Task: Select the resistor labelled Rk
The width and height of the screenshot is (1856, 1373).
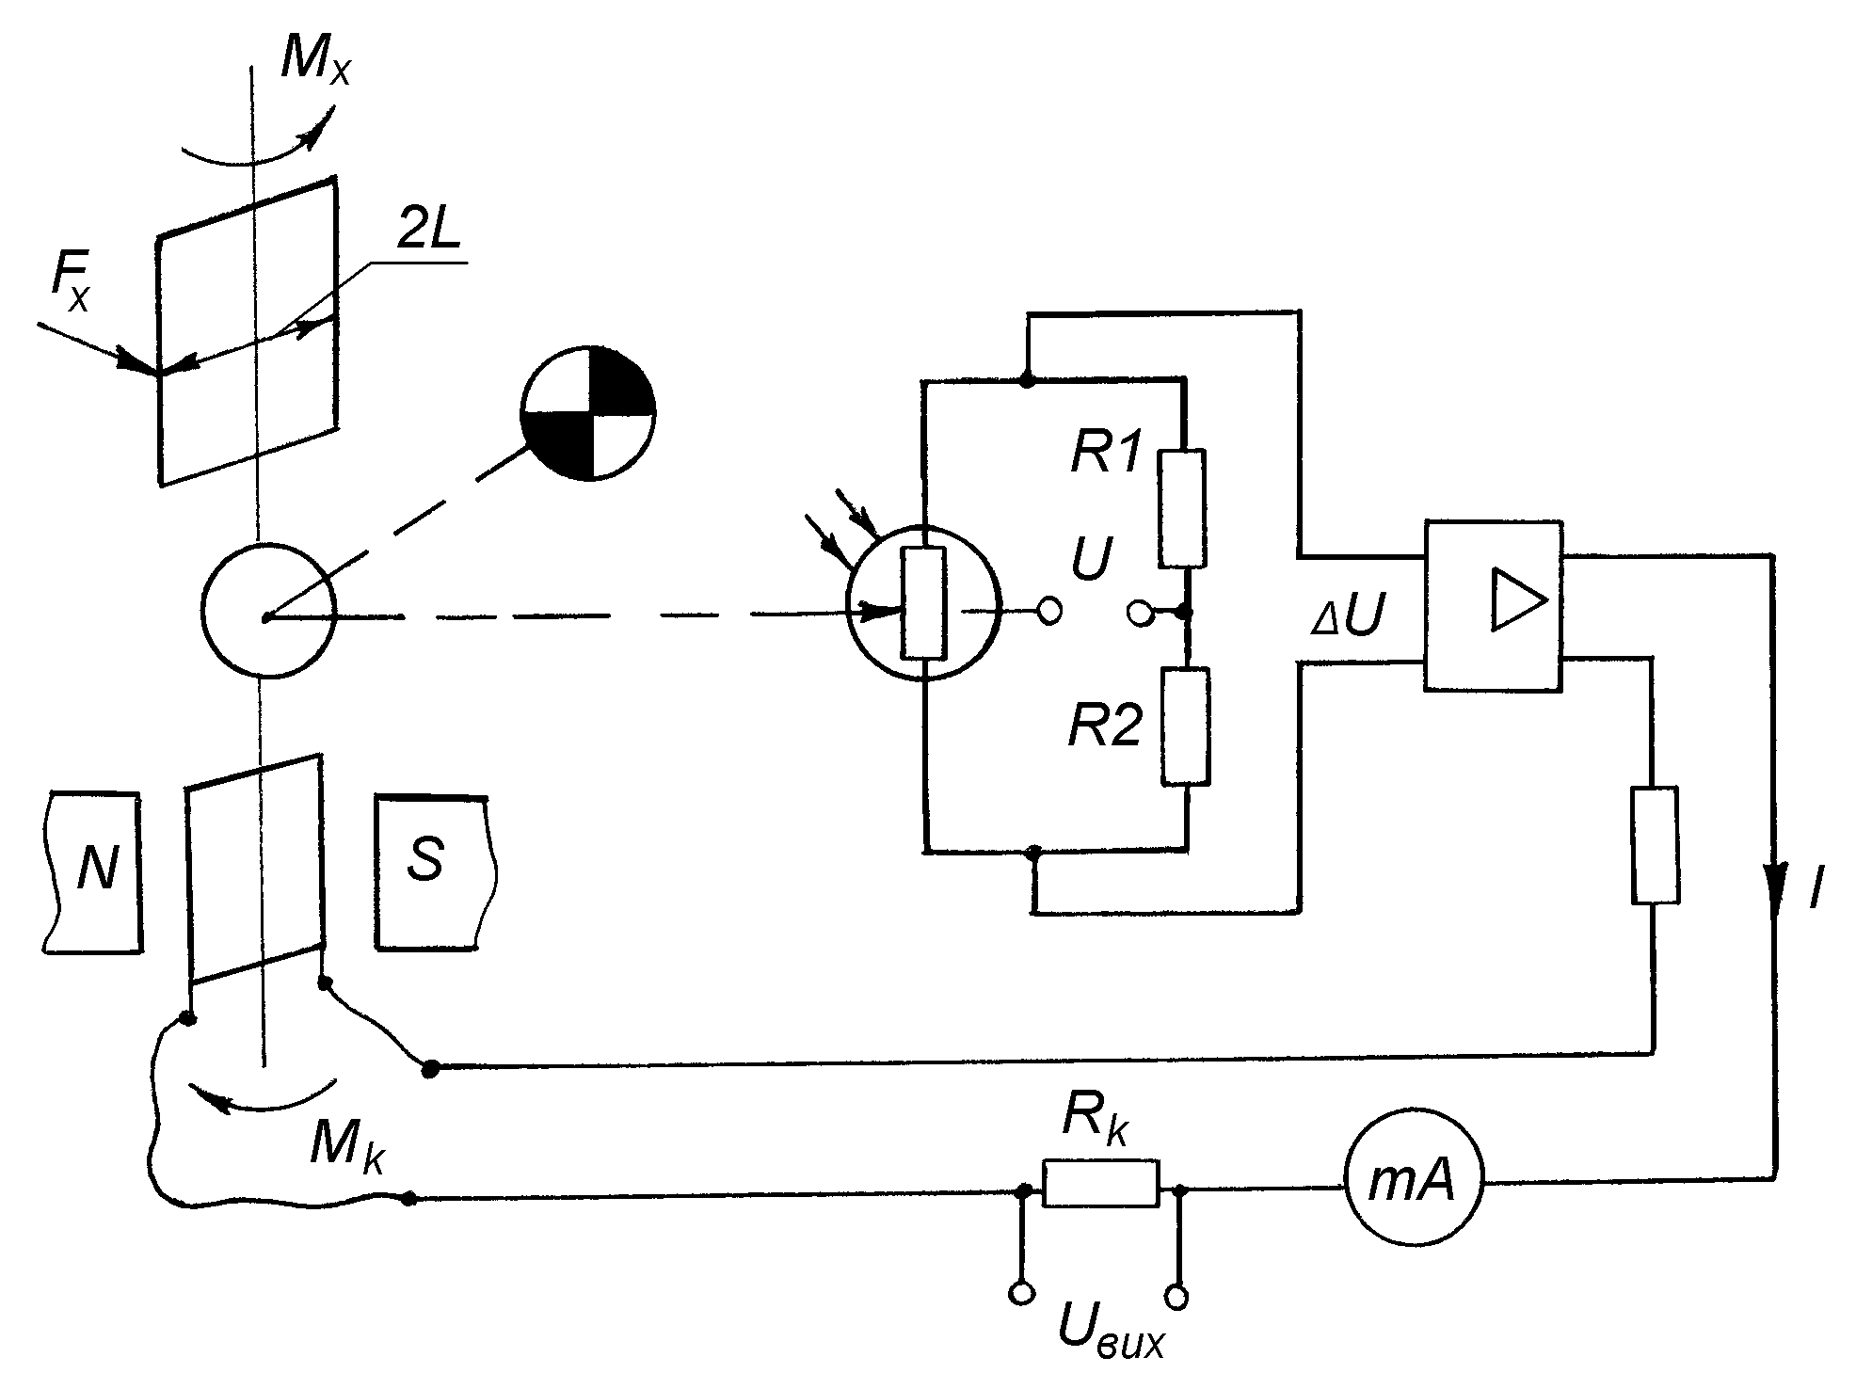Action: [x=1100, y=1183]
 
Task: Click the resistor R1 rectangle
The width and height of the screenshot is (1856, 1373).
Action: [x=1182, y=509]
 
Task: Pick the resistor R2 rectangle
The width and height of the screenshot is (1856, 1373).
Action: [x=1186, y=726]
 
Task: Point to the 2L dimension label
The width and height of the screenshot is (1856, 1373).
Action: [x=428, y=228]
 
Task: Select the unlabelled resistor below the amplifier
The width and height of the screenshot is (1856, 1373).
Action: [x=1655, y=846]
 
